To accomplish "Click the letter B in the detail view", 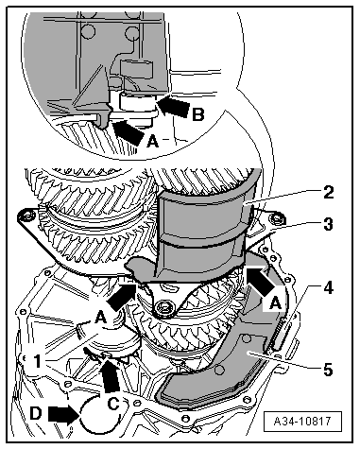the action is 198,114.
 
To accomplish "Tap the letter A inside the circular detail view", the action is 153,141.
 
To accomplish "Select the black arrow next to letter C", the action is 111,375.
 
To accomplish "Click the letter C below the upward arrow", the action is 113,404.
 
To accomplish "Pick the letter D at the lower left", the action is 36,413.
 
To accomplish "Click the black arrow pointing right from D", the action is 63,414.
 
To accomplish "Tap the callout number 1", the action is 38,361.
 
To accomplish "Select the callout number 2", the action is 328,192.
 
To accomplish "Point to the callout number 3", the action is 328,225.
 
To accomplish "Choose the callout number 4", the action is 328,288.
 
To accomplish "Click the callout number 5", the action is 328,370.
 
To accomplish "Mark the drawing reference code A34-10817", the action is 302,421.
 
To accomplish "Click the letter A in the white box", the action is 276,304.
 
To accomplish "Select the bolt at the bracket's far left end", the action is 25,216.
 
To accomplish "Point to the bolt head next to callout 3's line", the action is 277,218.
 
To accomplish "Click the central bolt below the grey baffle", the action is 163,307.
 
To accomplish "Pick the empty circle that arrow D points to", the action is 100,413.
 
